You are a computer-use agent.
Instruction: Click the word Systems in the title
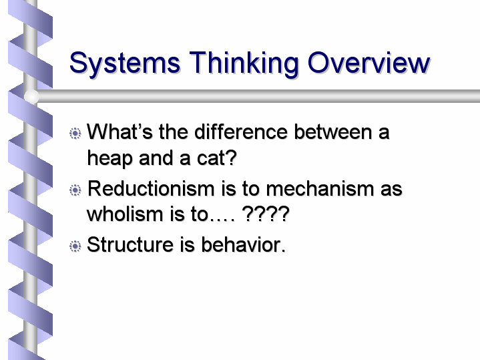tap(125, 63)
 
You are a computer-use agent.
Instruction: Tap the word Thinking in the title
tap(244, 63)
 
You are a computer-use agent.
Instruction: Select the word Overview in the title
tap(369, 63)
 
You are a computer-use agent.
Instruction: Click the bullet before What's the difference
tap(75, 134)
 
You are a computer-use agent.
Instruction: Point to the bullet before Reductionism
tap(75, 190)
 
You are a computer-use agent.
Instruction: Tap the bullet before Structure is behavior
tap(75, 246)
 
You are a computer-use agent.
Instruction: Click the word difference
tap(241, 132)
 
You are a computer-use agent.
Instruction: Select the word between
tap(332, 132)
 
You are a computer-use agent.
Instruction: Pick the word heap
tap(109, 159)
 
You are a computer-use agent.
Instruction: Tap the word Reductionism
tap(151, 188)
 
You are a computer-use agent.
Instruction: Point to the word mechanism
tap(320, 188)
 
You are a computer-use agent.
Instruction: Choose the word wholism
tap(125, 214)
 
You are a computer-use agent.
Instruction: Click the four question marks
tap(266, 214)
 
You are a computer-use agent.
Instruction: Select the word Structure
tap(130, 244)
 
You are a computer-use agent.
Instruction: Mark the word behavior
tap(243, 244)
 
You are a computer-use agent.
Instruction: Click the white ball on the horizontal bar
tap(31, 96)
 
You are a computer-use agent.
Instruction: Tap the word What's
tap(119, 132)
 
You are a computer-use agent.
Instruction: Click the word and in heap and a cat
tap(156, 158)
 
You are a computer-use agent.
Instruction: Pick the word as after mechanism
tap(391, 190)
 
